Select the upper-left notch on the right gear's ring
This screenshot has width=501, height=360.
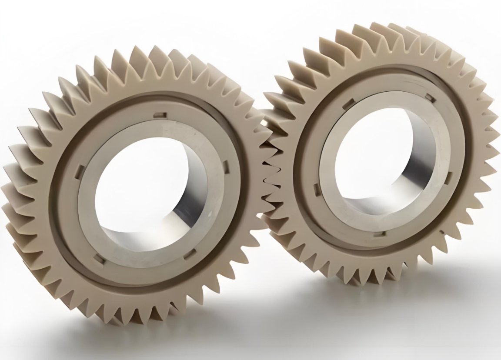click(348, 103)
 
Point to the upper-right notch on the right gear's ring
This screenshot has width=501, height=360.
click(430, 97)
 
